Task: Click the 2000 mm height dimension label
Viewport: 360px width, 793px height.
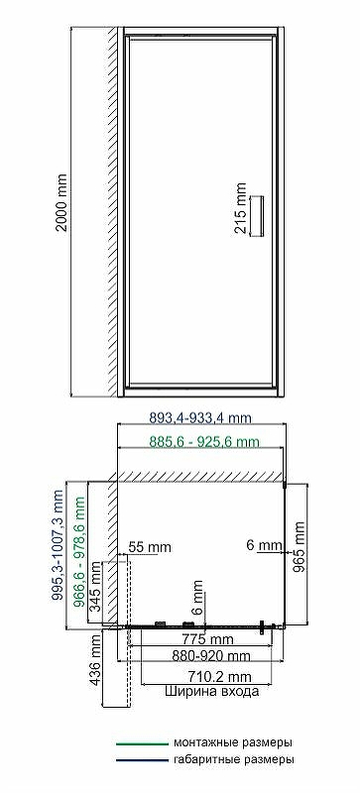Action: (61, 203)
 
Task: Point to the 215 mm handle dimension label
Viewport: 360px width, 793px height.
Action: (241, 208)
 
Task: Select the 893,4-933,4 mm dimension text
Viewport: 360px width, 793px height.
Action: (200, 417)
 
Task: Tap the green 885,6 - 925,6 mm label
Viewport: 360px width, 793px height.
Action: (204, 441)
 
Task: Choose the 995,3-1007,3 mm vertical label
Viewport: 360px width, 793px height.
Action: (59, 544)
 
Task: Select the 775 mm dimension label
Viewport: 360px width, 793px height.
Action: (208, 639)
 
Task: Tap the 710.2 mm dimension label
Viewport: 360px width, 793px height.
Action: (212, 676)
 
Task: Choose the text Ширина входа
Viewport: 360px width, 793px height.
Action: (211, 691)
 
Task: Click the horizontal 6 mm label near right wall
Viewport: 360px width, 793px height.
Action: (264, 545)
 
